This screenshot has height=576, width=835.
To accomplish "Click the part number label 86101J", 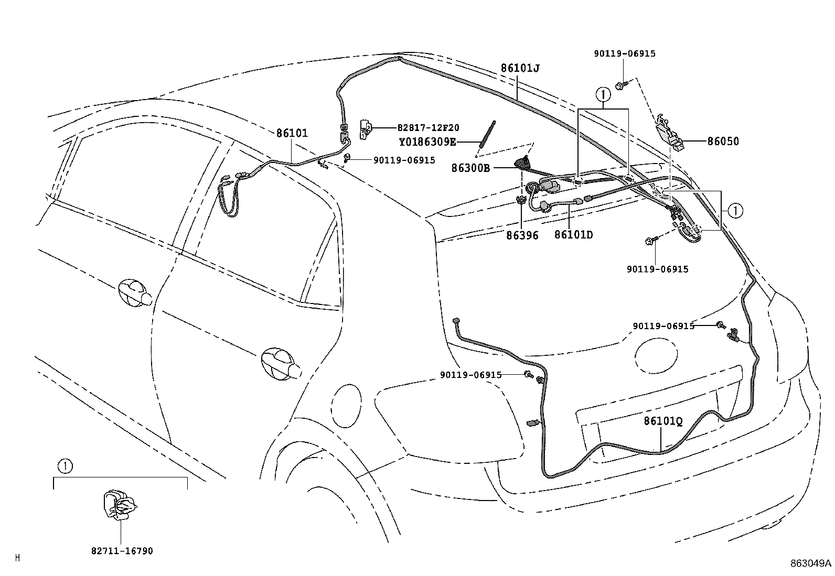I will click(x=520, y=68).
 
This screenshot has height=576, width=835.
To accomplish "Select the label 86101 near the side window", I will click(x=292, y=133).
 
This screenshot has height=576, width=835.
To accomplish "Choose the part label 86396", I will click(x=522, y=236).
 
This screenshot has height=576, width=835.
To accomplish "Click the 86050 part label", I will click(x=723, y=142).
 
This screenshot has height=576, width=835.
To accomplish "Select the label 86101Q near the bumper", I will click(x=663, y=421).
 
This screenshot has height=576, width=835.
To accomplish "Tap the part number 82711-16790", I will click(x=122, y=551).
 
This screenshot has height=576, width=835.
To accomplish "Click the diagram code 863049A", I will click(x=811, y=563).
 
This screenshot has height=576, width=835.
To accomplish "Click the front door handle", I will click(x=135, y=292).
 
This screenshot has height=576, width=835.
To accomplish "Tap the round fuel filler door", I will click(x=347, y=400).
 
